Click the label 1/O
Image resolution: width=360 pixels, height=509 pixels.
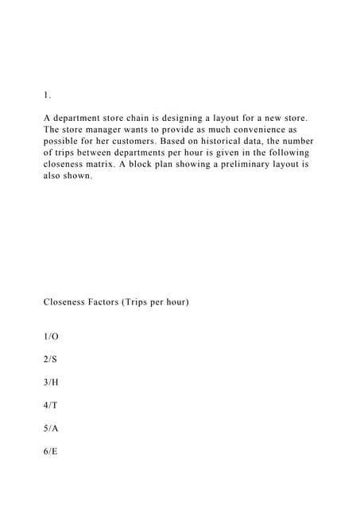pyautogui.click(x=52, y=336)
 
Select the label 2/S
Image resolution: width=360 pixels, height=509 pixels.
pyautogui.click(x=51, y=359)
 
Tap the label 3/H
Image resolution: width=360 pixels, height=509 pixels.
pyautogui.click(x=52, y=383)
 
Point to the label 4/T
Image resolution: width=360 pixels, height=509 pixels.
pyautogui.click(x=51, y=405)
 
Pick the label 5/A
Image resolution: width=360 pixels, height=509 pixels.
pyautogui.click(x=52, y=428)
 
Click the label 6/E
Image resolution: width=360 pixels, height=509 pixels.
pyautogui.click(x=51, y=451)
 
